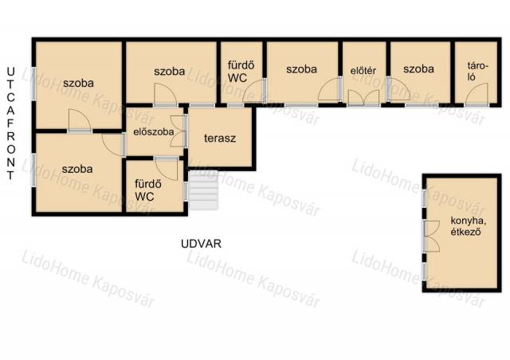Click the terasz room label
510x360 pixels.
[220, 139]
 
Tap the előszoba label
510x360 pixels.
[154, 132]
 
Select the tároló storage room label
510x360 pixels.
[478, 71]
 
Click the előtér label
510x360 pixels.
[363, 71]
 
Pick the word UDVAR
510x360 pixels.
[201, 244]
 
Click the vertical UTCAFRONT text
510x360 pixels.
[10, 123]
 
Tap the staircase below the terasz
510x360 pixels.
[203, 190]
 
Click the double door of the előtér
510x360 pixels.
[363, 98]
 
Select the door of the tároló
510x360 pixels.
[477, 94]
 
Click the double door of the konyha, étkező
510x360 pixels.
[432, 237]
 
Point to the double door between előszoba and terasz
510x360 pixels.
[178, 131]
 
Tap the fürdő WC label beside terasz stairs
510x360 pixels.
[148, 190]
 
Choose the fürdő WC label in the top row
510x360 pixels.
[241, 72]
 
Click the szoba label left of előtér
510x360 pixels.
[301, 69]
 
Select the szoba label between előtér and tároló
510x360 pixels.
[418, 69]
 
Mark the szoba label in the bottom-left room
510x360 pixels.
[77, 169]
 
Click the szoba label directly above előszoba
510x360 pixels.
[170, 71]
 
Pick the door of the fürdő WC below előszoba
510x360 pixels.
[166, 169]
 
